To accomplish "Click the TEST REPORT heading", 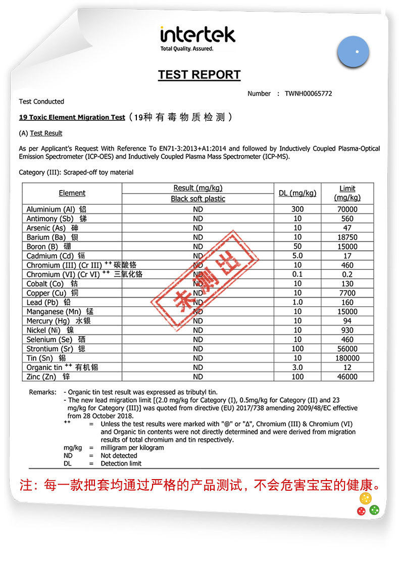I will (199, 75).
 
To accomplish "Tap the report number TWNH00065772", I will (308, 93).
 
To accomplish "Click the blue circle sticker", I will (354, 52).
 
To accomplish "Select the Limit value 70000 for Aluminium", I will (347, 209).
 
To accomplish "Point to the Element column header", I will (72, 193).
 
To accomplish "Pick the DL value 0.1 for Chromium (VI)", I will (297, 274).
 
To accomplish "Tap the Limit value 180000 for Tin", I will (347, 358).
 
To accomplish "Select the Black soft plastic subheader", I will (197, 199).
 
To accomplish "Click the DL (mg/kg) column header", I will (297, 193).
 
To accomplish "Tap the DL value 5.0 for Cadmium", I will (297, 256).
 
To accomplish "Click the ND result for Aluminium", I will (197, 209).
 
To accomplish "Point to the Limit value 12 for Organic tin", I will (347, 367).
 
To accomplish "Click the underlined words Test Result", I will (46, 133).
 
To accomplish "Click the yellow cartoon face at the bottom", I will (365, 499).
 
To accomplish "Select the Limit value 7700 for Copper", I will (347, 293).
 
